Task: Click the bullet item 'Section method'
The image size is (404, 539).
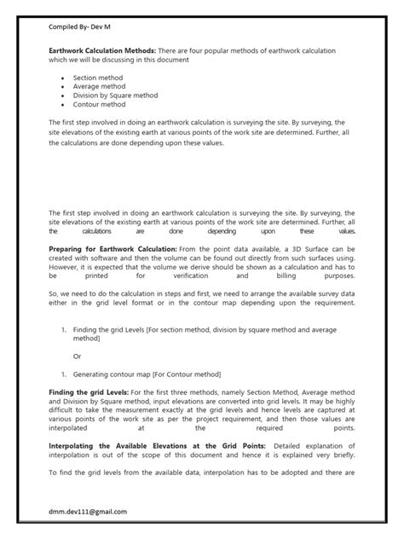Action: (96, 78)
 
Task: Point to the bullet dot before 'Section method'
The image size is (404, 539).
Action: (65, 78)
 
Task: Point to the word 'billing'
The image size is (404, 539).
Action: (295, 277)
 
